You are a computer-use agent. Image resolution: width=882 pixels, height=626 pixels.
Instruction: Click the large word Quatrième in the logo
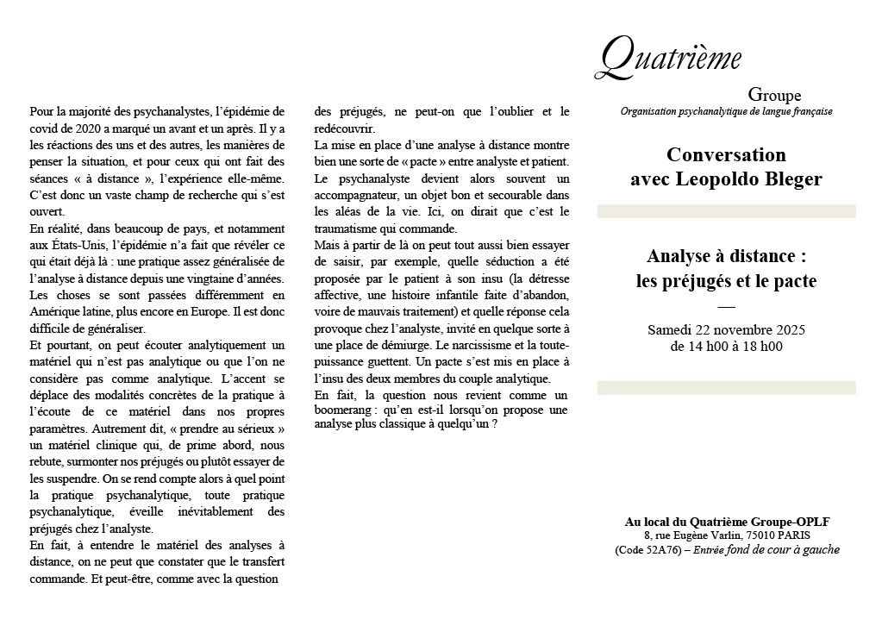tap(668, 57)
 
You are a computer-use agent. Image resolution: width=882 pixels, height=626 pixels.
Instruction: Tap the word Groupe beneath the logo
tap(774, 95)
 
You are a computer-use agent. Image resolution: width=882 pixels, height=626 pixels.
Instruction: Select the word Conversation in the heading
tap(726, 155)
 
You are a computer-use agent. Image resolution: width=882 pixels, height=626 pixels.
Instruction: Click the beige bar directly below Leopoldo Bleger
tap(726, 211)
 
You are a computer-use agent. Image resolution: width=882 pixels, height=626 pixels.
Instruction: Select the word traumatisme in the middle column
tap(347, 229)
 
